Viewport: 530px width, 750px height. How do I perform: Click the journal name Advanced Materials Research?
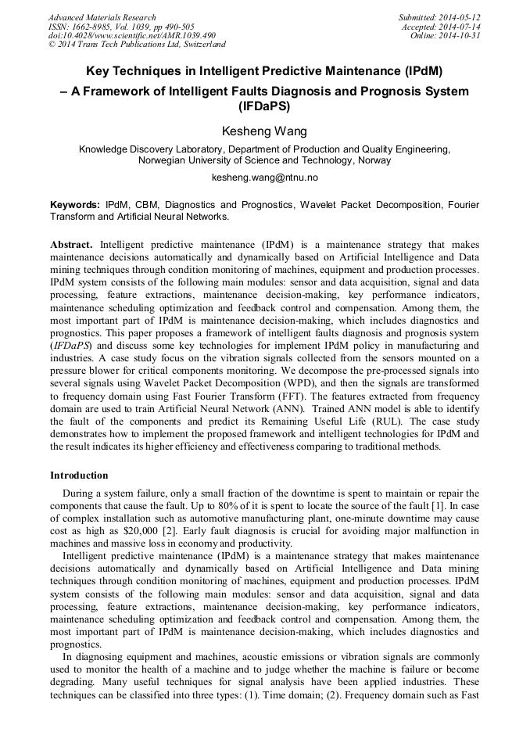(x=102, y=17)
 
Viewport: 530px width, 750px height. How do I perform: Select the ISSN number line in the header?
(x=121, y=27)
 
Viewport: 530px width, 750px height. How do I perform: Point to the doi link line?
(x=131, y=36)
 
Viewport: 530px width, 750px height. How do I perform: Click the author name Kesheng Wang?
(x=264, y=130)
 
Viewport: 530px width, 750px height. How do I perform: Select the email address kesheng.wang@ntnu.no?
(x=264, y=178)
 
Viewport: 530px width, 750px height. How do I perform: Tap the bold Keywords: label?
(x=75, y=205)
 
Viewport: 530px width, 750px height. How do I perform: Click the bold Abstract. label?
(x=73, y=244)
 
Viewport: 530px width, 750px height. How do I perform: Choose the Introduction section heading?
(x=79, y=475)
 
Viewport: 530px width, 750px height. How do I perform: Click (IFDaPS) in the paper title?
(x=264, y=106)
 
